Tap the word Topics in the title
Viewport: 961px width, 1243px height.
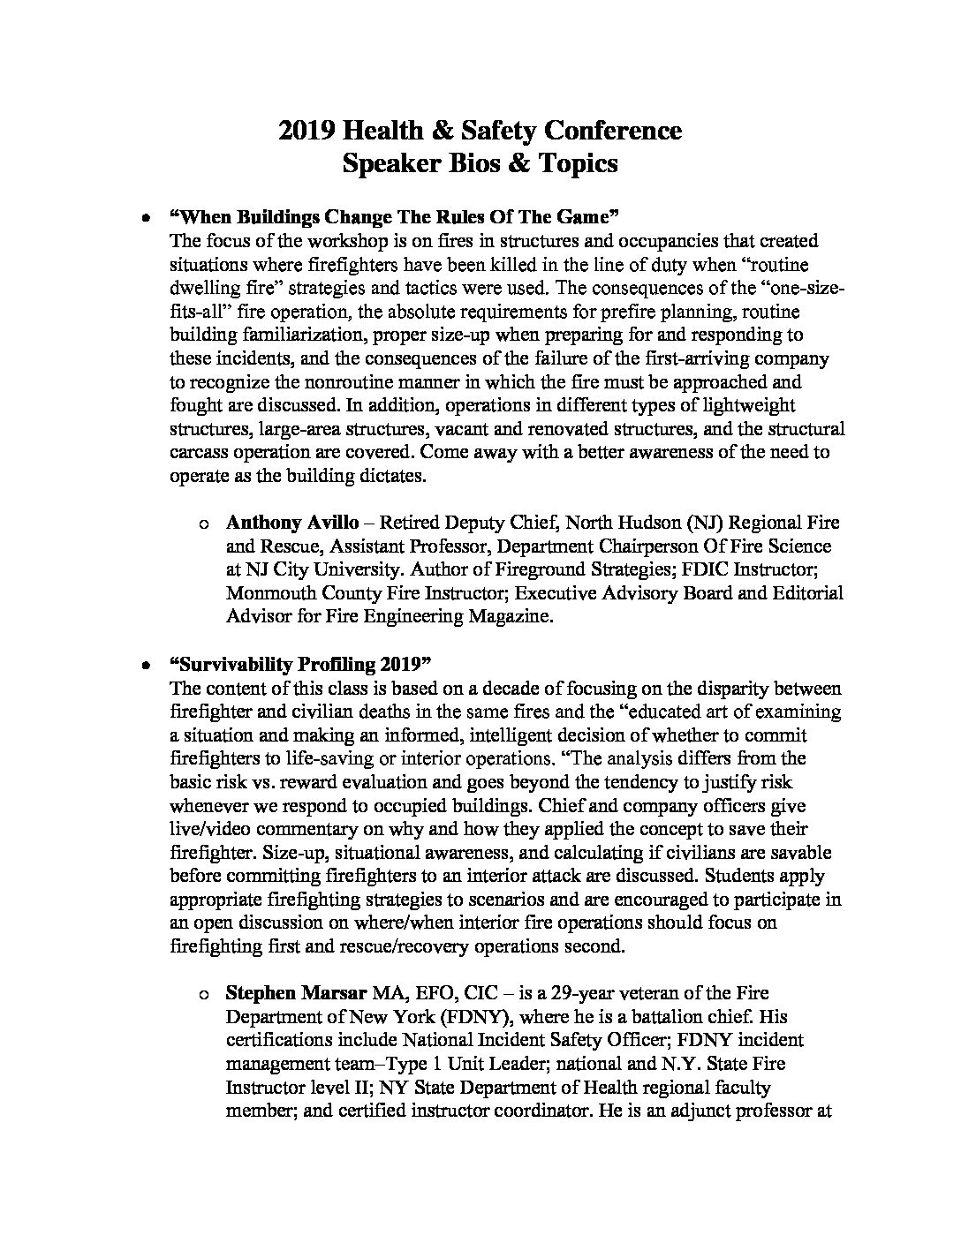tap(575, 164)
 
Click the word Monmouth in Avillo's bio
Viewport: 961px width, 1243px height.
tap(264, 593)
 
